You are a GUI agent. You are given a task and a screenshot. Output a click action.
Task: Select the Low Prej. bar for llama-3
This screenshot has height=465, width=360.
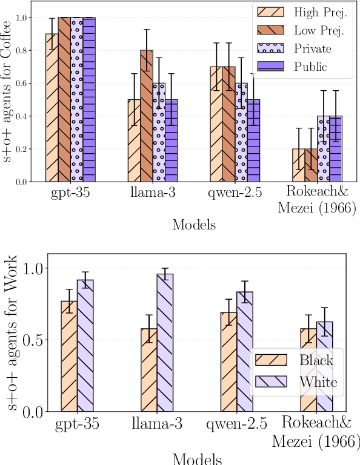(x=147, y=116)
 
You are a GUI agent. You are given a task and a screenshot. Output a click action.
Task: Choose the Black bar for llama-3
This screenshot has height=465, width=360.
(x=148, y=370)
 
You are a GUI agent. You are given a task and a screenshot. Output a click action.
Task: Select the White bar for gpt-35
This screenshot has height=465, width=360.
(x=85, y=346)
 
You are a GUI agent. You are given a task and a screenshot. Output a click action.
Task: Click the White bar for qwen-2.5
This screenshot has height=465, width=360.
(x=244, y=352)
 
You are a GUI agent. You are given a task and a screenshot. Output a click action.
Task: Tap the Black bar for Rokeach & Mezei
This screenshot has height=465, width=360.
(x=308, y=370)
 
